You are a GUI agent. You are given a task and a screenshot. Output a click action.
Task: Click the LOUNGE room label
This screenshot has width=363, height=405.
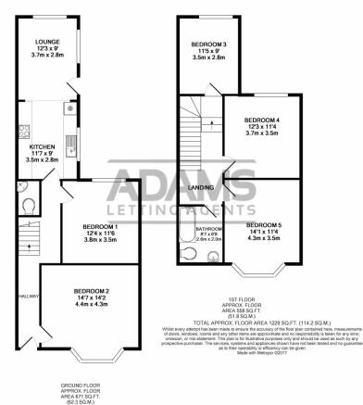pyautogui.click(x=47, y=43)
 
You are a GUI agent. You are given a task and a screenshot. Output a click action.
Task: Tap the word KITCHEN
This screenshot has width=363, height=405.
pyautogui.click(x=43, y=146)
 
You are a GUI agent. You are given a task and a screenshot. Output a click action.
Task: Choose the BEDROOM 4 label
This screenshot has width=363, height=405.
pyautogui.click(x=261, y=120)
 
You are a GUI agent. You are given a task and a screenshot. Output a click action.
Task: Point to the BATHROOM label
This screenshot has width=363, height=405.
pyautogui.click(x=208, y=228)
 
